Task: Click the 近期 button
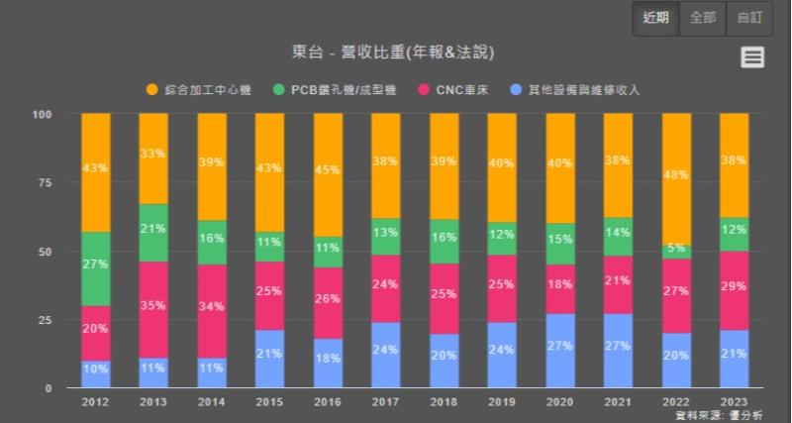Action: coord(655,18)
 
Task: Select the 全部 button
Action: coord(702,18)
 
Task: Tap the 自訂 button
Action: coord(748,18)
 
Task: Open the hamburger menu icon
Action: coord(752,57)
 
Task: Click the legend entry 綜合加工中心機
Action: coord(199,90)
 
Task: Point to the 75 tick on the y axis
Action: coord(45,182)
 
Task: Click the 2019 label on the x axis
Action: coord(501,402)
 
